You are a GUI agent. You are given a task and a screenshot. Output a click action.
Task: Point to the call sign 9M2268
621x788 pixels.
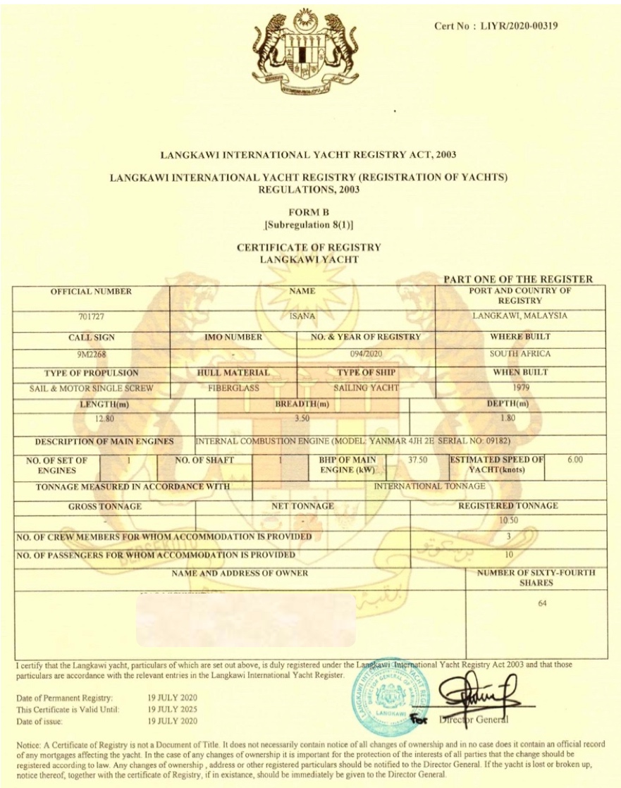(x=91, y=355)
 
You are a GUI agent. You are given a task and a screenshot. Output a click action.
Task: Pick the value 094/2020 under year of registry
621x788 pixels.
(x=366, y=355)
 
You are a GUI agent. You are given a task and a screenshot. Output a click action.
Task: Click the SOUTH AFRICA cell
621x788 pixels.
(x=520, y=354)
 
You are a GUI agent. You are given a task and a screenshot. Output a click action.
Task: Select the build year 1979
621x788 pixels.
(x=520, y=387)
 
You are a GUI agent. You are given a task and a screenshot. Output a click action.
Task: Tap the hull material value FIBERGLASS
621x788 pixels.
(x=233, y=388)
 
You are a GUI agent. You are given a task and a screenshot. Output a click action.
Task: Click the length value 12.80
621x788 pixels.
(x=104, y=420)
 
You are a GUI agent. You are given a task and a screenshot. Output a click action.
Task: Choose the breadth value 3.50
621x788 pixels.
(x=302, y=421)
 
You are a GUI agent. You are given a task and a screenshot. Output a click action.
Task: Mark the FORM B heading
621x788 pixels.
(x=309, y=211)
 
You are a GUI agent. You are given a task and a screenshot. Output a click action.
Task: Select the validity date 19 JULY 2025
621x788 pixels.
(x=173, y=709)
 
